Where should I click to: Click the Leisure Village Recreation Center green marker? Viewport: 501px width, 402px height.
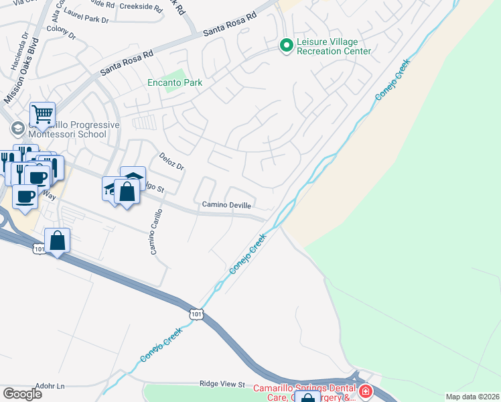coord(286,46)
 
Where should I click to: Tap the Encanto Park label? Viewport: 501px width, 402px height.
coord(175,83)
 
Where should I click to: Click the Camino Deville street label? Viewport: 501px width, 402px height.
coord(226,204)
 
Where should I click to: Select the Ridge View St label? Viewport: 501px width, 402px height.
coord(222,384)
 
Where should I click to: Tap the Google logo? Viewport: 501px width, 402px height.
coord(22,394)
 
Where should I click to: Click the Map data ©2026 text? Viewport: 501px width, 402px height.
coord(472,397)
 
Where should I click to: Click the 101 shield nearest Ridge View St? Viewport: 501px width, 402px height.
coord(196,314)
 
